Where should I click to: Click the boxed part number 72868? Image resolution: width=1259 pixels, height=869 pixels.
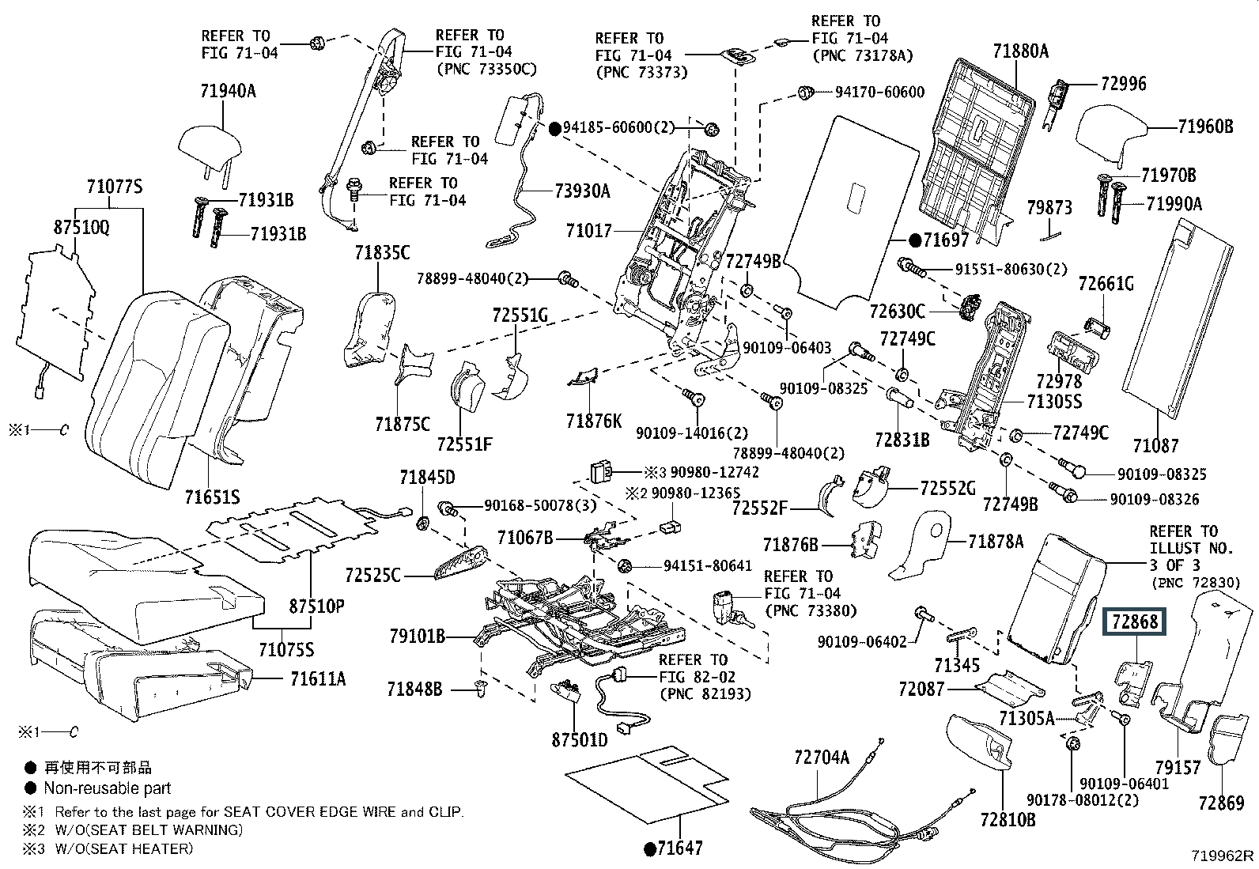pos(1135,622)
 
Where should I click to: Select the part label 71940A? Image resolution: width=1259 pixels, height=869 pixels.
pos(228,90)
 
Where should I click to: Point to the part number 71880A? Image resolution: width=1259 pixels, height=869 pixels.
pos(1020,51)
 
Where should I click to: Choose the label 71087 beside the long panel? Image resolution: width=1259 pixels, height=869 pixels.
pos(1155,446)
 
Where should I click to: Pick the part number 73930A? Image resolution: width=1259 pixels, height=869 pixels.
pos(582,191)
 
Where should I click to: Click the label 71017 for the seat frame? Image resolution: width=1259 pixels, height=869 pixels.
pos(588,231)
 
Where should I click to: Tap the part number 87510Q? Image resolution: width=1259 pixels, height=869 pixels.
pos(81,226)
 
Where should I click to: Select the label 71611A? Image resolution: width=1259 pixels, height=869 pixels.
pos(317,678)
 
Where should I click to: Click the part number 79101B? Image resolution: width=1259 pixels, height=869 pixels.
pos(417,635)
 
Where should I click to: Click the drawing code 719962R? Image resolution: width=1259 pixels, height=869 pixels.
pos(1223,856)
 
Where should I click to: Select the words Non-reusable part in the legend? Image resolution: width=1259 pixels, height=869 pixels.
pos(108,788)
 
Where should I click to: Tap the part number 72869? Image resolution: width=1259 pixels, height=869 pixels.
pos(1221,803)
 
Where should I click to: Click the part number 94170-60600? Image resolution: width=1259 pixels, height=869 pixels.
pos(879,93)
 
